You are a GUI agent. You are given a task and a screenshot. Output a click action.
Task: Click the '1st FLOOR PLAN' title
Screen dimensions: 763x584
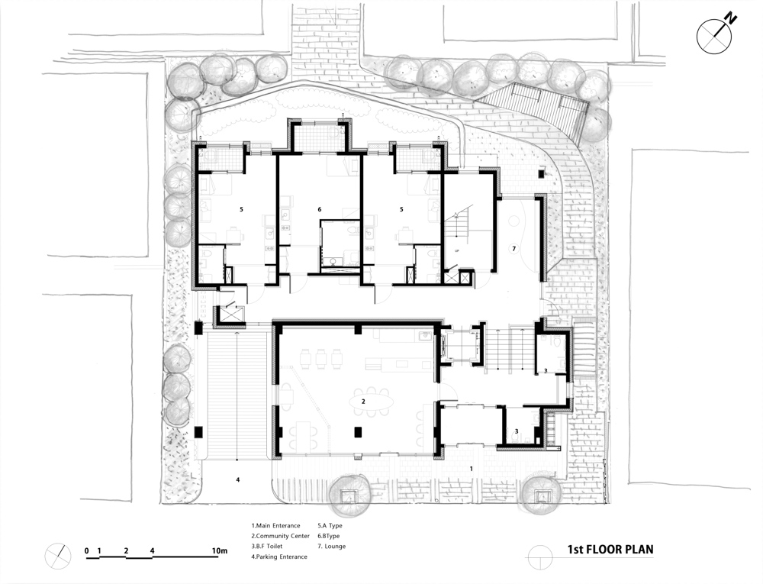tap(610, 550)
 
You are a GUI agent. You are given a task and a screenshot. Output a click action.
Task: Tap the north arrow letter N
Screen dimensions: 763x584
tap(730, 20)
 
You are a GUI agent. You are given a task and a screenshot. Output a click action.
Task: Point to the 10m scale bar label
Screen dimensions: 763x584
tap(220, 551)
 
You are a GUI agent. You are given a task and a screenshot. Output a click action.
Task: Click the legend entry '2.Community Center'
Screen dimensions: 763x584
tap(280, 536)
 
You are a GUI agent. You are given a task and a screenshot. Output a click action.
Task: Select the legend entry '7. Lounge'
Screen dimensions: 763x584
tap(331, 546)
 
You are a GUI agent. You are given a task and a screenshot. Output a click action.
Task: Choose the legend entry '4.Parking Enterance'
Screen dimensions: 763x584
tap(279, 557)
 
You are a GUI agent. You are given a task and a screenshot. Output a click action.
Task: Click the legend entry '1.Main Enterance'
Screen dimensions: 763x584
tap(276, 525)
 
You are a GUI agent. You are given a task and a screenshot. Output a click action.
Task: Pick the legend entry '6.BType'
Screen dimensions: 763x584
tap(328, 536)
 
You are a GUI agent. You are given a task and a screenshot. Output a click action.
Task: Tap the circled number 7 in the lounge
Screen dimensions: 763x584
tap(513, 248)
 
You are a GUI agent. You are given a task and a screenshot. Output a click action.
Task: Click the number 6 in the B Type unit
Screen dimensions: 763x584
tap(320, 209)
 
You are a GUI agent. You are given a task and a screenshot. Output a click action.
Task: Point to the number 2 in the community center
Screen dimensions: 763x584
tap(363, 402)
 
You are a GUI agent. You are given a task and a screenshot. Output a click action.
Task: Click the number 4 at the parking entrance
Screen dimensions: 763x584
tap(238, 479)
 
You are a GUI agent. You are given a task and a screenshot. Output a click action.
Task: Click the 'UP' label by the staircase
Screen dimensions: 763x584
tap(456, 250)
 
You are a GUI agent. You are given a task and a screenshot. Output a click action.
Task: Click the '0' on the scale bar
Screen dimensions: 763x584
tap(87, 551)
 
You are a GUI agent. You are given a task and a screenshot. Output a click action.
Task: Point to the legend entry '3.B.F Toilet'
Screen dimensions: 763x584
tap(266, 546)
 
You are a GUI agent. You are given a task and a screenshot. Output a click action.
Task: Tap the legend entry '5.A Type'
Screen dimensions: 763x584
tap(330, 525)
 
